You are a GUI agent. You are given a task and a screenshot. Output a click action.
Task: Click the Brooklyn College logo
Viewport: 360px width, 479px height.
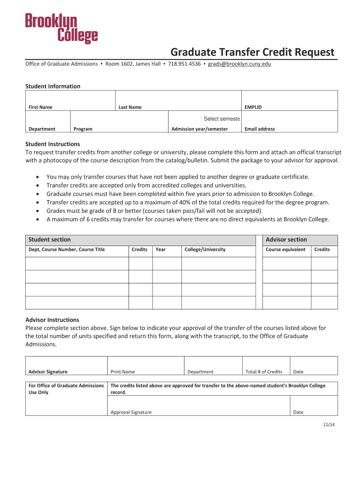(x=61, y=29)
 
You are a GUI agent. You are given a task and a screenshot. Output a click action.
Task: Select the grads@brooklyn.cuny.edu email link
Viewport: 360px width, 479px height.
(x=239, y=64)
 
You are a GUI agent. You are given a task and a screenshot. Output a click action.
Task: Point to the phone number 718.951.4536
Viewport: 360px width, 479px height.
(x=184, y=64)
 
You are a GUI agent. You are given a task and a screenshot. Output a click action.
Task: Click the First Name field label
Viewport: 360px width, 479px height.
(x=40, y=107)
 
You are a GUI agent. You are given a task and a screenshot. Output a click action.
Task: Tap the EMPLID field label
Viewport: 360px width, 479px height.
(x=253, y=107)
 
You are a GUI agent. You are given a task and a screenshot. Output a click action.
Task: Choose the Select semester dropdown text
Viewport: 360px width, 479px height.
(x=222, y=119)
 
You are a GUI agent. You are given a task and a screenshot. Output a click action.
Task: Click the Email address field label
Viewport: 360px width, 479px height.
(x=259, y=129)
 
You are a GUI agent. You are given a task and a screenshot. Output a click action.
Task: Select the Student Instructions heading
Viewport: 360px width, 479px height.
(x=52, y=144)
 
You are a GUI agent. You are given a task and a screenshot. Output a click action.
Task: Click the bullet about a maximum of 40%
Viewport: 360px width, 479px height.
(x=187, y=202)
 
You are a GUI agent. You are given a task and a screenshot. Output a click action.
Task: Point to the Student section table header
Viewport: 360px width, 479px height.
(x=50, y=239)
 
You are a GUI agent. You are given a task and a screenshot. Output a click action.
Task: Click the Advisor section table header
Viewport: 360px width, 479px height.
(x=286, y=239)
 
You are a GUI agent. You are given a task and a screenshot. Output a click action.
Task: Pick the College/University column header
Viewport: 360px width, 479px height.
(x=205, y=249)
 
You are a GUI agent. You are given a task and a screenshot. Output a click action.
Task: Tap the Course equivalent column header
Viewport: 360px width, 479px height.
(x=285, y=249)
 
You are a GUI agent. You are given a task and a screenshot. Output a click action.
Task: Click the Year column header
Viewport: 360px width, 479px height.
(x=160, y=249)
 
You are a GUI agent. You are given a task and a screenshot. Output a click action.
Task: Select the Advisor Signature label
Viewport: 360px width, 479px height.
(x=48, y=372)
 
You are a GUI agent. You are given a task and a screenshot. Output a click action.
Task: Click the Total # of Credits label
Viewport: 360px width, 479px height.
(x=264, y=372)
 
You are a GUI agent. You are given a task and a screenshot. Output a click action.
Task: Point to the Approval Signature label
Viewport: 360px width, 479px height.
(x=131, y=412)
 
